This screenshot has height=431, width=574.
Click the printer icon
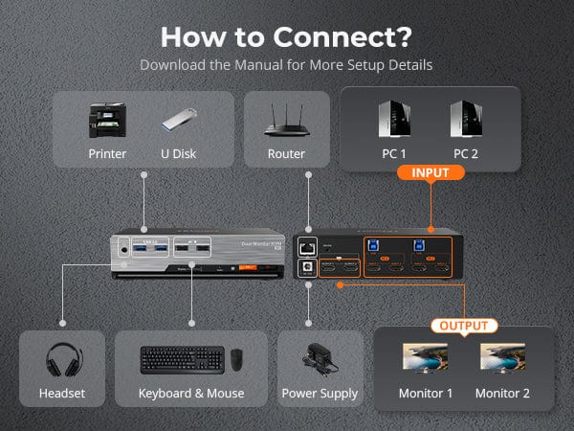pos(108,120)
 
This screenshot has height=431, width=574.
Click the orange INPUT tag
pos(430,172)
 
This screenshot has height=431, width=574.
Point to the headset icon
pos(63,360)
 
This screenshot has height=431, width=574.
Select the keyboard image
pos(183,360)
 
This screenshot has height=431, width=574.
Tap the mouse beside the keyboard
pos(235,361)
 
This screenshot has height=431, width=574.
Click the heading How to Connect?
pos(287,36)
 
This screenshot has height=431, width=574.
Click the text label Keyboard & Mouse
pos(191,394)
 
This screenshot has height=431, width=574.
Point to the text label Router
pos(287,154)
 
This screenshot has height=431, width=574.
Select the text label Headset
pos(63,394)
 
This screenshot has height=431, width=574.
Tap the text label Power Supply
pos(320,394)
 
